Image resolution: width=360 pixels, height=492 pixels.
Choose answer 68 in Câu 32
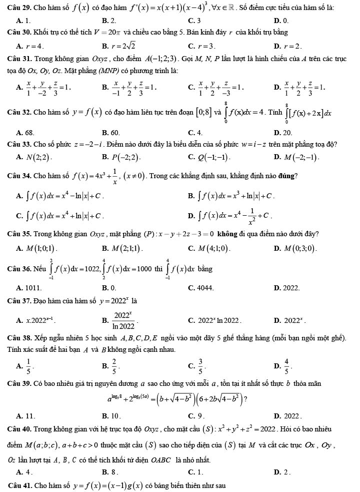pos(28,133)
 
